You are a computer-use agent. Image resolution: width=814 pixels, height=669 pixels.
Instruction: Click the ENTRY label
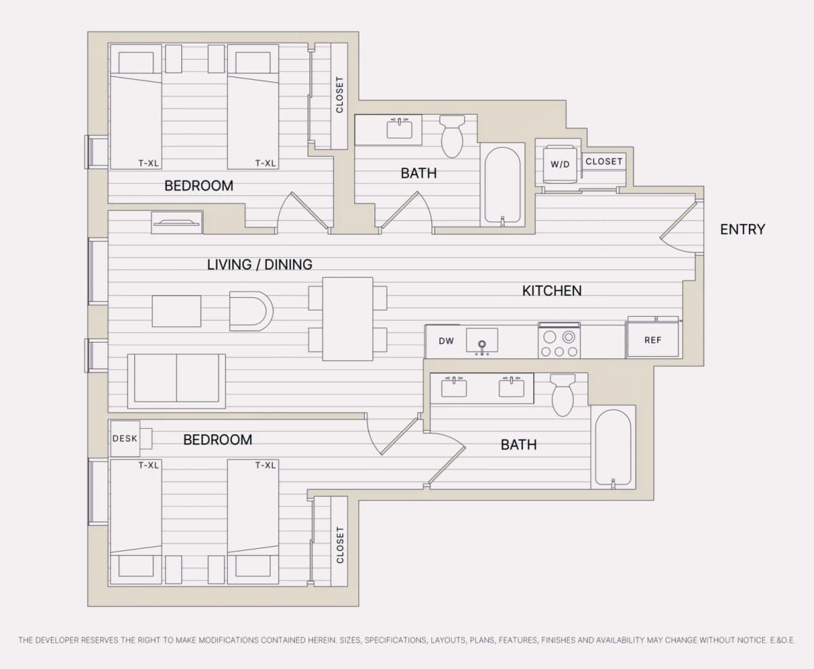pos(742,229)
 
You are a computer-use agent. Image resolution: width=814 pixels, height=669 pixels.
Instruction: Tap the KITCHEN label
pos(551,290)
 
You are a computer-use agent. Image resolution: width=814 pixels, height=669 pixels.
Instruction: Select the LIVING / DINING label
pos(260,265)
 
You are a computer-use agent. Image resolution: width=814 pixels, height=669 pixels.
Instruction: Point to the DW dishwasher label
pos(446,341)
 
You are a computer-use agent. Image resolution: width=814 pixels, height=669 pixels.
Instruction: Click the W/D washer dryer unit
pos(560,164)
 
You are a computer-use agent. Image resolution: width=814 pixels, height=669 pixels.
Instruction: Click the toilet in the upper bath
pos(452,136)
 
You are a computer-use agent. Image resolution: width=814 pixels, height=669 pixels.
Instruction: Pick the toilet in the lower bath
pos(563,394)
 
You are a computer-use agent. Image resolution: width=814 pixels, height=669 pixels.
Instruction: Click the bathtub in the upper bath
pos(502,185)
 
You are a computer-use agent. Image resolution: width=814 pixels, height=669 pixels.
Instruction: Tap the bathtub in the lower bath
pos(613,447)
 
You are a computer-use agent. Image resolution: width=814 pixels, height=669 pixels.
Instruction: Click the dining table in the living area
pos(348,319)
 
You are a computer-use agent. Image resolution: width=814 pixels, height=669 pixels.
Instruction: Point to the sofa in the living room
pos(176,381)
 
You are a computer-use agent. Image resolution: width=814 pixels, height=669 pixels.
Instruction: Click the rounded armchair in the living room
pos(251,311)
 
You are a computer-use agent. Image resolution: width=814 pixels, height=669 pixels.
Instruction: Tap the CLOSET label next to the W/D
pos(604,161)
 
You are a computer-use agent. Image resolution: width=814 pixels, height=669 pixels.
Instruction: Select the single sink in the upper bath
pos(400,128)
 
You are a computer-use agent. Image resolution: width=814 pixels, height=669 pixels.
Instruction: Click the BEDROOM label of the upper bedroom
pos(199,186)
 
